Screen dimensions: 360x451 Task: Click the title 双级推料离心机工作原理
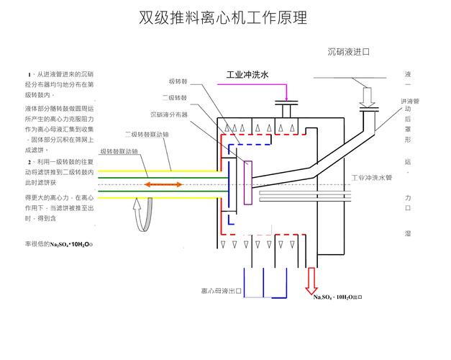pyautogui.click(x=222, y=18)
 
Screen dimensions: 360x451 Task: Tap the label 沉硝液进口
pyautogui.click(x=348, y=52)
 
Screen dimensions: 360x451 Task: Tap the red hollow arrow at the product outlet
pyautogui.click(x=313, y=278)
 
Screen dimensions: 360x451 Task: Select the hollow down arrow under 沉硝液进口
pyautogui.click(x=368, y=96)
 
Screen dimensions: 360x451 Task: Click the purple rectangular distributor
pyautogui.click(x=249, y=184)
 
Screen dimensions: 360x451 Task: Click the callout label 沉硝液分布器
pyautogui.click(x=168, y=114)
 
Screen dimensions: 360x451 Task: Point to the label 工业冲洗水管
pyautogui.click(x=371, y=177)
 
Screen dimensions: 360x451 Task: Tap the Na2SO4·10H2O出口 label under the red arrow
pyautogui.click(x=337, y=296)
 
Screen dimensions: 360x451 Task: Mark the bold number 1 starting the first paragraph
pyautogui.click(x=29, y=75)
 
